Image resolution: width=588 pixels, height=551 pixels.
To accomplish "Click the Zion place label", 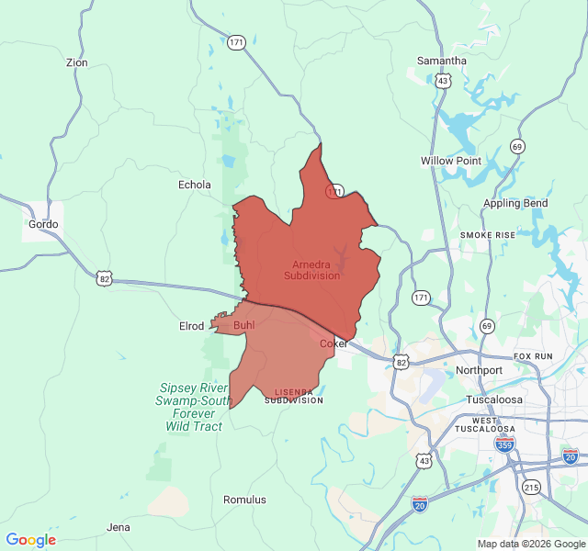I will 77,62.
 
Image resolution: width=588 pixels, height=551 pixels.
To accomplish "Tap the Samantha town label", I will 442,61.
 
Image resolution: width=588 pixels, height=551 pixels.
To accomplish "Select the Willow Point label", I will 451,161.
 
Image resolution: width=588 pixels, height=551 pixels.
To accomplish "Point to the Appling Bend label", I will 515,203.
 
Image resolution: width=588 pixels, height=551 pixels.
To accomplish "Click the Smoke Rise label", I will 488,235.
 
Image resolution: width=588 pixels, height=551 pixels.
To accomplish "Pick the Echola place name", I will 194,185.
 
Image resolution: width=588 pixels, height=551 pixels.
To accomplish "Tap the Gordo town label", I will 43,224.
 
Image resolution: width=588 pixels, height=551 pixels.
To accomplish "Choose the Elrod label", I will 191,326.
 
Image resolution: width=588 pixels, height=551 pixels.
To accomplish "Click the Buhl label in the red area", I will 244,325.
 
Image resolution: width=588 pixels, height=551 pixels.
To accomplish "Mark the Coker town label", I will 334,343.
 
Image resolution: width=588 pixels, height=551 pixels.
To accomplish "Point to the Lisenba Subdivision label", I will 293,396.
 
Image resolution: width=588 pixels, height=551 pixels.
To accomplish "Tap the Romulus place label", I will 244,500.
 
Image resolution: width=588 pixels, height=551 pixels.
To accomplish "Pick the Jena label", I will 119,527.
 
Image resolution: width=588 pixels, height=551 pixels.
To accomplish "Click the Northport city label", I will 479,370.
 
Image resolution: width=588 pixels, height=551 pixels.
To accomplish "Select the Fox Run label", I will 533,355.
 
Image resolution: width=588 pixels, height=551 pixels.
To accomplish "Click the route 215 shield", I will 530,487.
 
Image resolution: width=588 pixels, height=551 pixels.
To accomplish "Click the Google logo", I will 31,540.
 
